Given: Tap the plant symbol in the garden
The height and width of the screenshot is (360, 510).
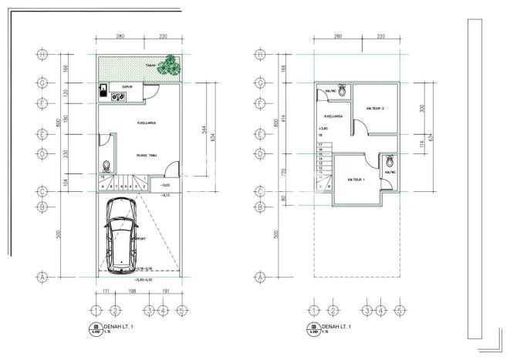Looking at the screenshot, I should pos(167,68).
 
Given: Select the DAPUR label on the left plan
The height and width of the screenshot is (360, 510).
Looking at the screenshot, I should pos(126,87).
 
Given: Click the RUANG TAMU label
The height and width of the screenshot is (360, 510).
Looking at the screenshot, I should pos(147,156).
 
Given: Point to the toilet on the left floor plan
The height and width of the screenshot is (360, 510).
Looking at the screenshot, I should pos(106,166).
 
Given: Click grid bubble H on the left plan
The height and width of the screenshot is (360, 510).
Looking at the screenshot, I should pos(43,55).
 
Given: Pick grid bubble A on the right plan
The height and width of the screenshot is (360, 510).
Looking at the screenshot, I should pos(261,276).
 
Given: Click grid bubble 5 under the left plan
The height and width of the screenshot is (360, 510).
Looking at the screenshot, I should pos(181,311).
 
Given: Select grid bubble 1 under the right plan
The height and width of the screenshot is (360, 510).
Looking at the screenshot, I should pos(313,311).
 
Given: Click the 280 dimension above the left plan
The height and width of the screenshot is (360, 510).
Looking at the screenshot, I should pos(120,36).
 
